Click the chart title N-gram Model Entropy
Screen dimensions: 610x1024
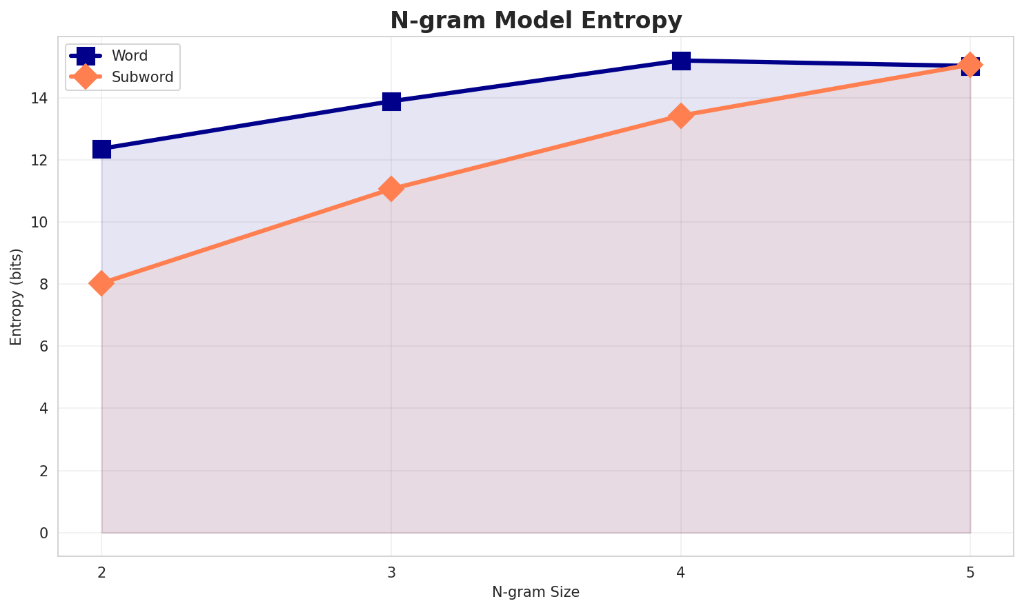click(x=535, y=21)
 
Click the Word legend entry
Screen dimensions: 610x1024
click(x=130, y=56)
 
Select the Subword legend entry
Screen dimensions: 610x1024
click(x=142, y=77)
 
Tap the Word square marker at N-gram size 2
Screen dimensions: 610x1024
click(x=101, y=149)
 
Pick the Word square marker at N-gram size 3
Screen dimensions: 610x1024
click(x=391, y=101)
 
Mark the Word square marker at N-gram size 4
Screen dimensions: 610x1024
click(x=681, y=61)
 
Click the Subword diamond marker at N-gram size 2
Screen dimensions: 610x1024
click(x=101, y=283)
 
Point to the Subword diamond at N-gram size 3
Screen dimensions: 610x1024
click(x=391, y=189)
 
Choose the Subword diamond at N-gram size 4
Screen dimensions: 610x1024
click(x=681, y=116)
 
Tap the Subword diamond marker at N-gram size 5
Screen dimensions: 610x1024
click(x=970, y=65)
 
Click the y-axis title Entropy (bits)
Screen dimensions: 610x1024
click(x=16, y=297)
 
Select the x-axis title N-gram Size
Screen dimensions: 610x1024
click(x=535, y=592)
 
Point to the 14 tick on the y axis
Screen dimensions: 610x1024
click(x=39, y=99)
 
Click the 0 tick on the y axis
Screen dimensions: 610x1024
click(x=43, y=533)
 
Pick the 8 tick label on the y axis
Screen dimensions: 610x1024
click(x=43, y=285)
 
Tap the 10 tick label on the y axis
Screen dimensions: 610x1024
click(x=39, y=223)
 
